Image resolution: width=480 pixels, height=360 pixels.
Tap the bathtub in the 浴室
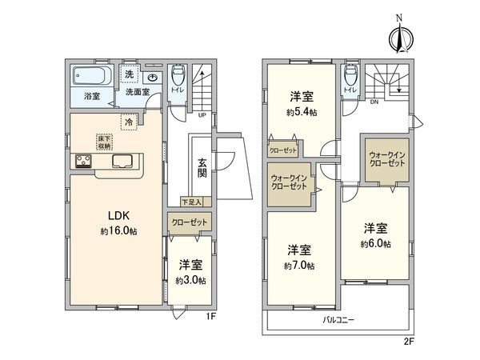point(91,75)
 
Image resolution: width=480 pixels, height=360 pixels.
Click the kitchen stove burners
point(83,162)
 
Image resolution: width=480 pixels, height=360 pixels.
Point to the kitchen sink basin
point(122,161)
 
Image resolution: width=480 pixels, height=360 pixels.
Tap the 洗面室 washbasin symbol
point(152,78)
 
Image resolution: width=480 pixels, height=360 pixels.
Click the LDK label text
point(118,215)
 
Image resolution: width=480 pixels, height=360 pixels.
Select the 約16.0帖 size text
point(118,231)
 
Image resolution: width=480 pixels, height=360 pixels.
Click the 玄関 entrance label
point(202,168)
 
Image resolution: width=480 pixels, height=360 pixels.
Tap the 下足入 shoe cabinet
point(196,202)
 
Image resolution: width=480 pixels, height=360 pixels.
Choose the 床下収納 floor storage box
point(104,142)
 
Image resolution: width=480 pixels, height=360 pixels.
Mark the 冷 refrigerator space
point(129,122)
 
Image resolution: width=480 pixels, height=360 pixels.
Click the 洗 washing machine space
point(129,74)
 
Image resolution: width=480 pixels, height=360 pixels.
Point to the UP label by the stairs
point(202,115)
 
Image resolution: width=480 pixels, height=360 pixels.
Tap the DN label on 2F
point(374,102)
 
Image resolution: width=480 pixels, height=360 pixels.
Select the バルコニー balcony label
point(338,320)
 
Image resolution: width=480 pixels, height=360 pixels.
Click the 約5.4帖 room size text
point(302,112)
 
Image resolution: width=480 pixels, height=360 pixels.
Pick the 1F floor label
point(211,316)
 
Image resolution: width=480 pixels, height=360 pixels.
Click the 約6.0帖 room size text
point(376,244)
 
